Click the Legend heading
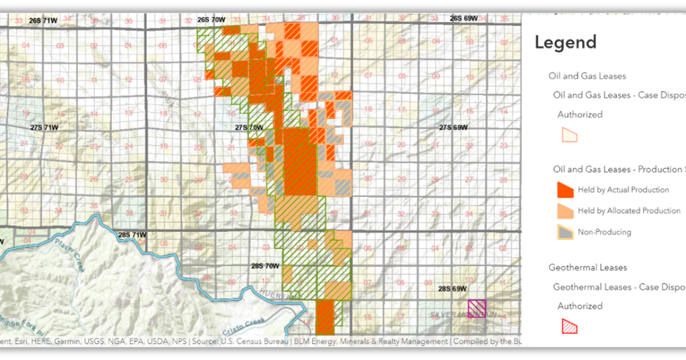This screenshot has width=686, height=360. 565,42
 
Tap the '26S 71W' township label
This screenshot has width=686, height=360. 43,21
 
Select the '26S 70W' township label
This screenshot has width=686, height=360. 212,19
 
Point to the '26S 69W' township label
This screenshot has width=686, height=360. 464,18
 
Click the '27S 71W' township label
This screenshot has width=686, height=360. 44,127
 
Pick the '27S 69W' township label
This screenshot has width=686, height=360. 453,127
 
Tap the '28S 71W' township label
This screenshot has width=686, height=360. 132,235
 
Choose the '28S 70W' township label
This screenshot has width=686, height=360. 265,266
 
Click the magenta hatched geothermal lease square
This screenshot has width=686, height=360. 477,309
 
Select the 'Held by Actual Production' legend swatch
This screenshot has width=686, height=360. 565,190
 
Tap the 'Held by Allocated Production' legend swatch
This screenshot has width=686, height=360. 565,211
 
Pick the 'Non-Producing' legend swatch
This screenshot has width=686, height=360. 565,232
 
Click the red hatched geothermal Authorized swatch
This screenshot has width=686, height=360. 569,326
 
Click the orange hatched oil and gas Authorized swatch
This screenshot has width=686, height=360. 569,135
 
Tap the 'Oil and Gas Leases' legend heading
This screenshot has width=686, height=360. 587,76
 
